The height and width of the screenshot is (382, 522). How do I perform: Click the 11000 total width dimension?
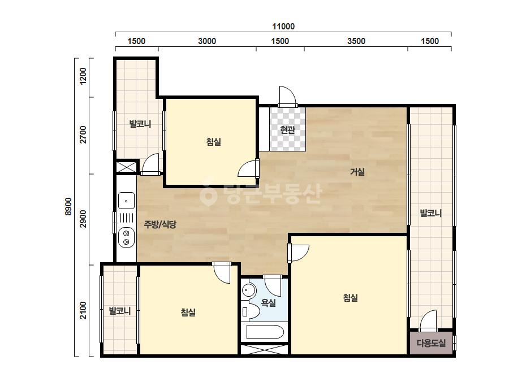[283, 27]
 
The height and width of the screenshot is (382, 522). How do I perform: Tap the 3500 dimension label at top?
[356, 41]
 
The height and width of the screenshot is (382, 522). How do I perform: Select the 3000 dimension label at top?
[207, 41]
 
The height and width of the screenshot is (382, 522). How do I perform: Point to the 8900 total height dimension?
[68, 207]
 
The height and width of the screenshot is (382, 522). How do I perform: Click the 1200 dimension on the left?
[83, 76]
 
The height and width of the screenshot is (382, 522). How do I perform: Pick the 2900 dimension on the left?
[83, 219]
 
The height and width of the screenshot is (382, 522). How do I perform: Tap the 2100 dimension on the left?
[83, 310]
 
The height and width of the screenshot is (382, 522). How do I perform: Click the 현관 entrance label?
[288, 129]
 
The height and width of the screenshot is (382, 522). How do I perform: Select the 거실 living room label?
[357, 172]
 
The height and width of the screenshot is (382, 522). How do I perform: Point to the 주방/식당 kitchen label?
[160, 224]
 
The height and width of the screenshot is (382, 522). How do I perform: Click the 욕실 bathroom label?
[268, 302]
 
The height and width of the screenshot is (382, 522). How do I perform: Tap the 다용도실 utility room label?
[431, 343]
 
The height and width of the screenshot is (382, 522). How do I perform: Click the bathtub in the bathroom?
[265, 332]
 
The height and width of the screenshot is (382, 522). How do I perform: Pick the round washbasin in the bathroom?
[248, 290]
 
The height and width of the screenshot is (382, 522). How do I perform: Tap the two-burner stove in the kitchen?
[126, 237]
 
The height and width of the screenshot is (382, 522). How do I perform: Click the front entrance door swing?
[287, 97]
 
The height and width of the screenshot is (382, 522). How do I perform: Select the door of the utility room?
[428, 321]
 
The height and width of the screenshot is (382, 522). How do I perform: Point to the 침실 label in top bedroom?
[214, 142]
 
